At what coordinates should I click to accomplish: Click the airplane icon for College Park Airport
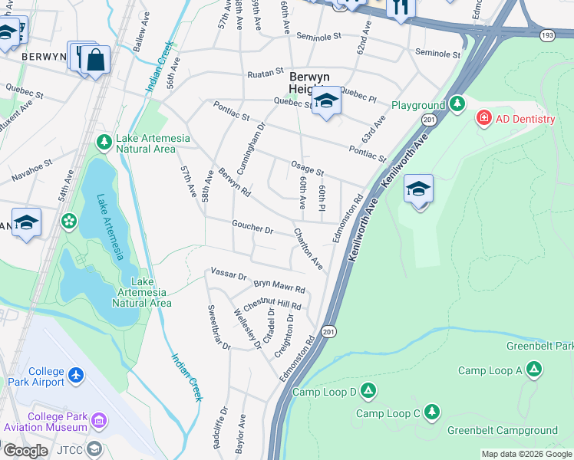[75, 375]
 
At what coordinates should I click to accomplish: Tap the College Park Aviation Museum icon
[99, 420]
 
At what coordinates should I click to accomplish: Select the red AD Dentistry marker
[483, 119]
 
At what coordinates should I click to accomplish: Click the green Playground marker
[457, 103]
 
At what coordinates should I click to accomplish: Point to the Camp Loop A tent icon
[534, 370]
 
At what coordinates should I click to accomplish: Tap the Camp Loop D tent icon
[368, 392]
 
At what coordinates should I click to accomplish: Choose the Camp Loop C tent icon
[432, 413]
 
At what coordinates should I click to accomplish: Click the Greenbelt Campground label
[513, 430]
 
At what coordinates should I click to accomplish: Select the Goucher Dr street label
[252, 228]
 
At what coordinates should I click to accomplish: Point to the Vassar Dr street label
[228, 275]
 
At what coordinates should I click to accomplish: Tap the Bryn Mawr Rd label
[279, 286]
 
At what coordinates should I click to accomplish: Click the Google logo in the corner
[25, 451]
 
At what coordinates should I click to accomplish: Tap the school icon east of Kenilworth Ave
[418, 189]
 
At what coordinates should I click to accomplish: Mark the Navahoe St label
[32, 171]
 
